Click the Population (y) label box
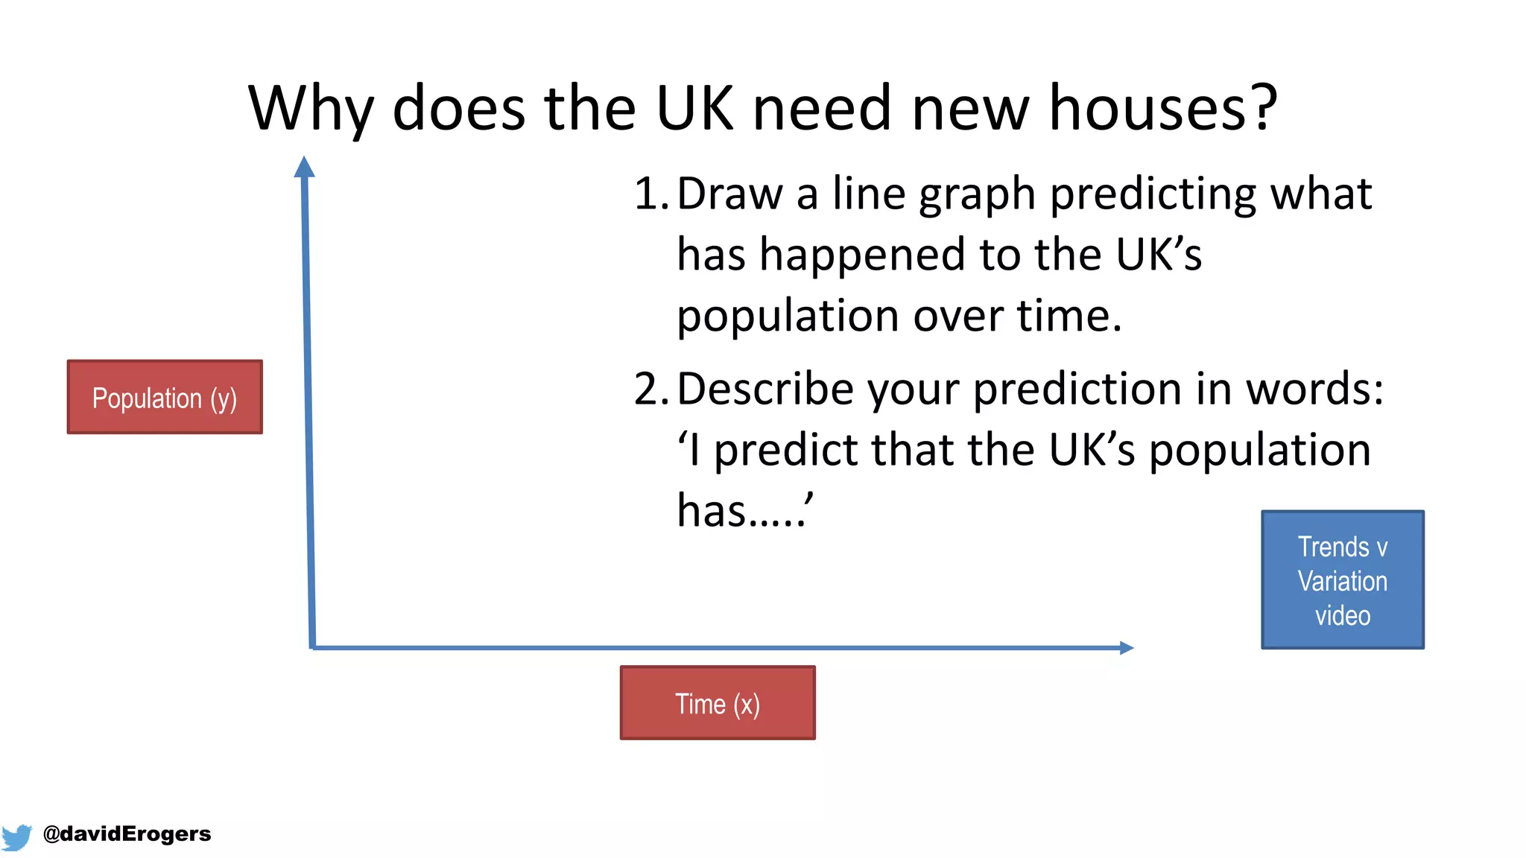pyautogui.click(x=165, y=397)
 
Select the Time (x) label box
pyautogui.click(x=718, y=703)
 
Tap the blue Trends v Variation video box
pyautogui.click(x=1343, y=579)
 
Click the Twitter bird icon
pyautogui.click(x=16, y=836)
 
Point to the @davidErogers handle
pyautogui.click(x=127, y=833)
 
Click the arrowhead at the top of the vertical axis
pyautogui.click(x=304, y=166)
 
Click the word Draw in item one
pyautogui.click(x=729, y=194)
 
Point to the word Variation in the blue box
pyautogui.click(x=1343, y=581)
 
